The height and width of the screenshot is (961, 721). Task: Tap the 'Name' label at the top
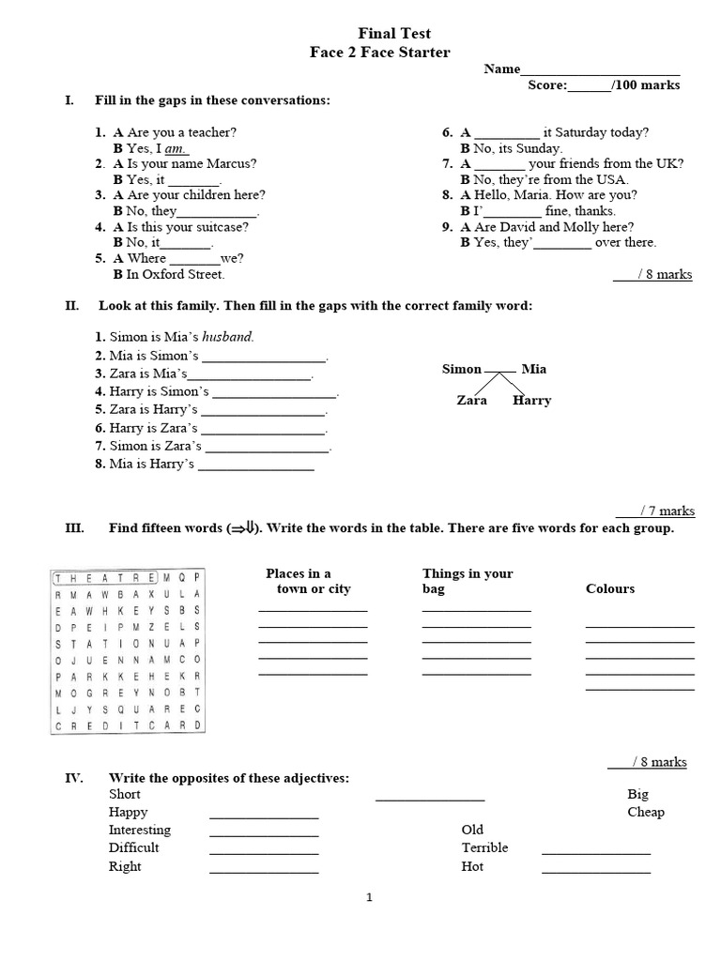pos(501,69)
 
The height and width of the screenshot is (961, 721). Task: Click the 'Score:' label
pos(547,84)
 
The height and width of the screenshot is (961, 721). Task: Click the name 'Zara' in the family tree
pos(472,400)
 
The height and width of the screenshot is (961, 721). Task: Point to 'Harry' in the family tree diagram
pos(532,400)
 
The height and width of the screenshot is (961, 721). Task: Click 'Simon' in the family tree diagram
pos(462,369)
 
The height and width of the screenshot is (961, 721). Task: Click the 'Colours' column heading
pos(610,588)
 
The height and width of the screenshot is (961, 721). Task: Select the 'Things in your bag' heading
pos(468,581)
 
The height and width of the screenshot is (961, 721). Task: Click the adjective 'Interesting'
pos(140,830)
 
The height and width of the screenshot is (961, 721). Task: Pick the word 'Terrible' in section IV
pos(484,847)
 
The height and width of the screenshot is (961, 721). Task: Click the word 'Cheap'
pos(646,812)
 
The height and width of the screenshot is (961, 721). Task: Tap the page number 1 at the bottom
pos(369,898)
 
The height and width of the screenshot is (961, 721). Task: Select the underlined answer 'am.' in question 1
pos(177,148)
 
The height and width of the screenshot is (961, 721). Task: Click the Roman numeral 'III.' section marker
pos(75,528)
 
